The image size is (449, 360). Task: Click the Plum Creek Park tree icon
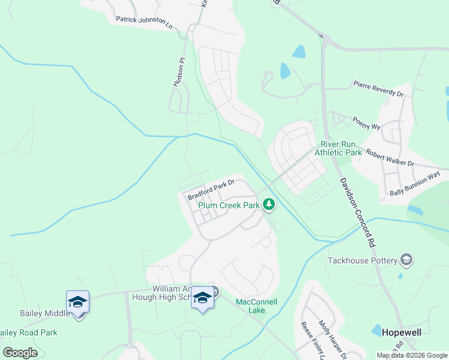[x=270, y=206]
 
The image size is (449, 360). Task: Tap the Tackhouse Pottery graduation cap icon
[x=406, y=260]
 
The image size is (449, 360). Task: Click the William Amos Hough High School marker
[x=202, y=298]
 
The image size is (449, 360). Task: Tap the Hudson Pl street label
[x=177, y=73]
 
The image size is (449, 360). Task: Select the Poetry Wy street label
[x=366, y=123]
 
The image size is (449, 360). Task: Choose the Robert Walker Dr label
[x=390, y=158]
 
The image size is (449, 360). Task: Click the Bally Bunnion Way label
[x=415, y=184]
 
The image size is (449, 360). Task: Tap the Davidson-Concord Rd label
[x=357, y=213]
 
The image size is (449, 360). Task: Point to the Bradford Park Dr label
[x=210, y=189]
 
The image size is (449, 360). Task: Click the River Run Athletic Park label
[x=341, y=148]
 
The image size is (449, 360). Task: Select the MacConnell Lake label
[x=256, y=306]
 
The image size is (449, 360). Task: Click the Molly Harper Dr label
[x=332, y=340]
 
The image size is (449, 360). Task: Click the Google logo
[x=20, y=352]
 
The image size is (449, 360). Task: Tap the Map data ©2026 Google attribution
[x=411, y=355]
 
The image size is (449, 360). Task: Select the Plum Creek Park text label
[x=230, y=205]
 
